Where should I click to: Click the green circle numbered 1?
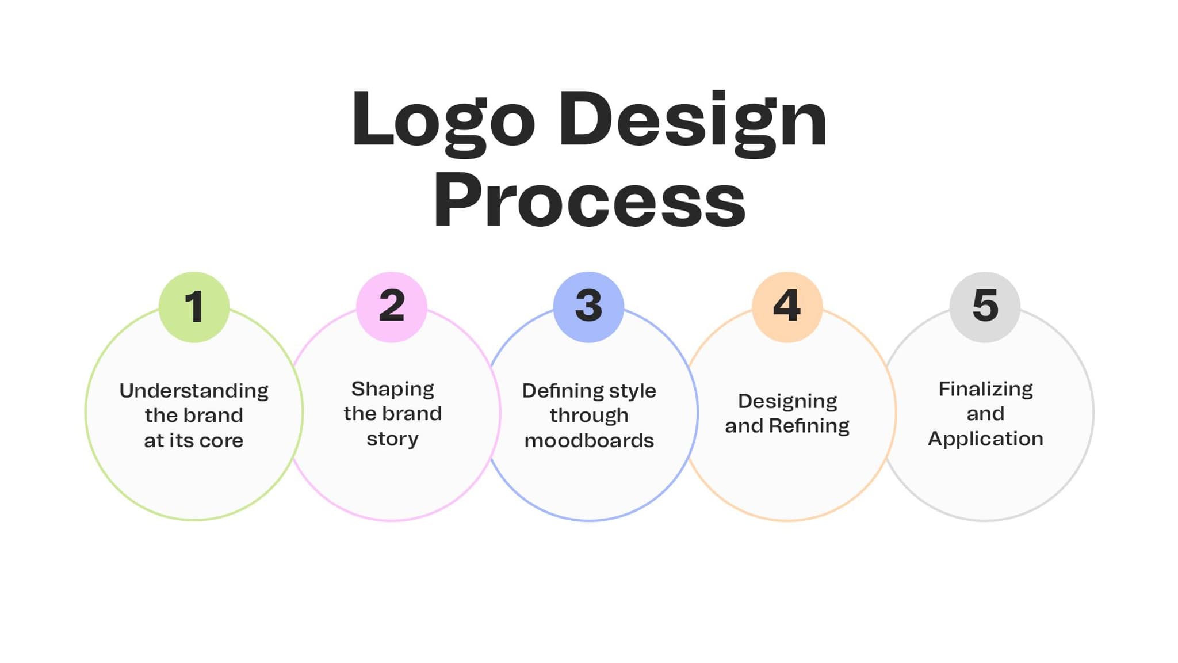coord(194,307)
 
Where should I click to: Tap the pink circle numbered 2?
coord(392,307)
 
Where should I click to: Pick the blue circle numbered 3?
coord(588,307)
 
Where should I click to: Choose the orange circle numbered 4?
coord(787,307)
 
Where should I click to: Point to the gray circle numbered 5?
coord(985,307)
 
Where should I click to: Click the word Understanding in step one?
coord(194,391)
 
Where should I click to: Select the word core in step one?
coord(221,441)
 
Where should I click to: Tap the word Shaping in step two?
coord(393,390)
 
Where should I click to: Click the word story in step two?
coord(393,439)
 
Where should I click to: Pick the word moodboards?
coord(589,441)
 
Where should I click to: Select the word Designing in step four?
coord(787,402)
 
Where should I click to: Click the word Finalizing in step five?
coord(985,390)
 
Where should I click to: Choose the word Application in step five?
coord(985,439)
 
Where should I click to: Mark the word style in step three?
coord(633,391)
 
